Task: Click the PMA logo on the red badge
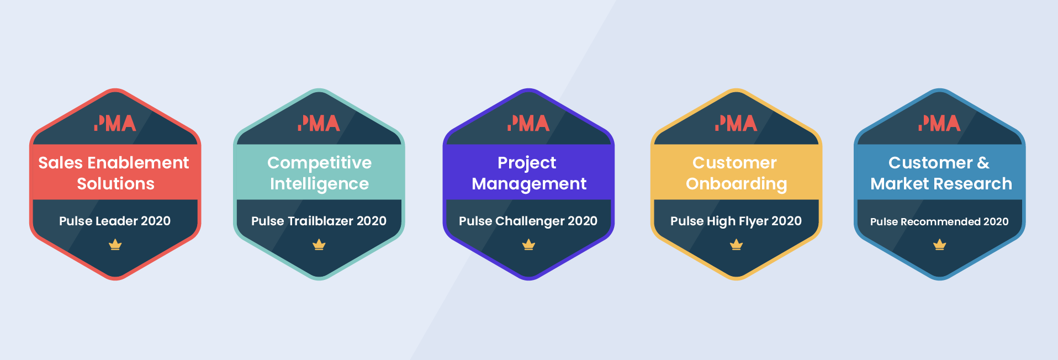pyautogui.click(x=115, y=123)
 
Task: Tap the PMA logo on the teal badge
pyautogui.click(x=319, y=123)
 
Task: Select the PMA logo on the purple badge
pyautogui.click(x=528, y=123)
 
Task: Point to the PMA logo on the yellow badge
pyautogui.click(x=736, y=123)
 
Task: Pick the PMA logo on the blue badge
pyautogui.click(x=939, y=123)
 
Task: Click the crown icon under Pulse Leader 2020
pyautogui.click(x=115, y=245)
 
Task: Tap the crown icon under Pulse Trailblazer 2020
pyautogui.click(x=319, y=245)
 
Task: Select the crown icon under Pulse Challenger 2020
pyautogui.click(x=528, y=245)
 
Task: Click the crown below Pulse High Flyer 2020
pyautogui.click(x=736, y=245)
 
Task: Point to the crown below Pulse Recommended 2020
pyautogui.click(x=939, y=245)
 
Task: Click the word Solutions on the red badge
pyautogui.click(x=115, y=184)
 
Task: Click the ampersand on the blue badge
pyautogui.click(x=983, y=163)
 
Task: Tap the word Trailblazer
pyautogui.click(x=321, y=221)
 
